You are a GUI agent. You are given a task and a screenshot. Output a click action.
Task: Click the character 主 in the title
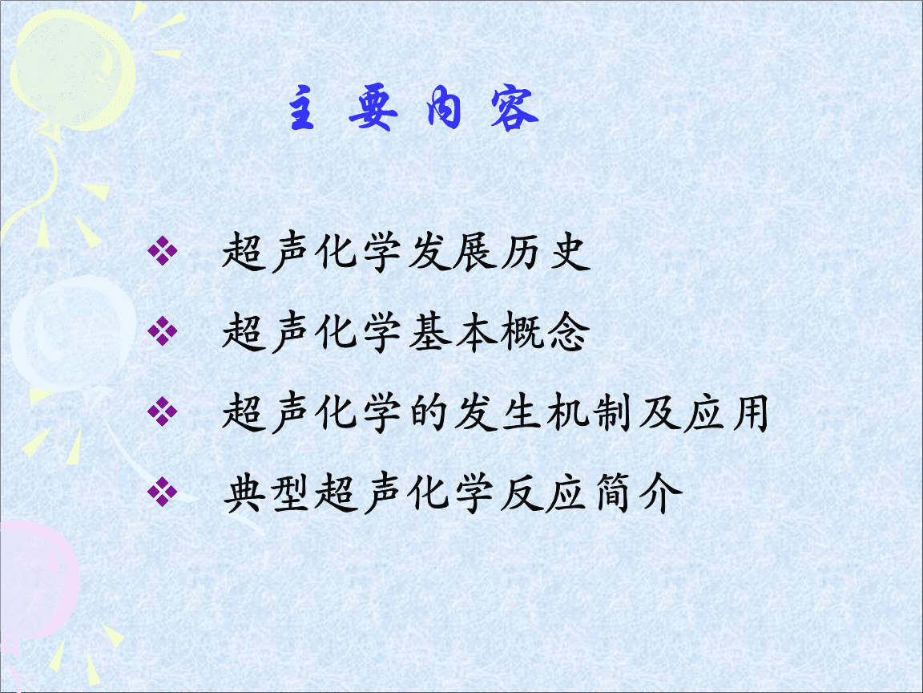point(301,107)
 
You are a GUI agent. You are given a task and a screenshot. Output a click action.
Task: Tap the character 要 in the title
point(373,107)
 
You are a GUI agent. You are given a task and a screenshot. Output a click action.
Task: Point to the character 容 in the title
point(514,107)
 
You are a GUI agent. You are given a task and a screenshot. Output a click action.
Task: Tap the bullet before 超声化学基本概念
point(163,330)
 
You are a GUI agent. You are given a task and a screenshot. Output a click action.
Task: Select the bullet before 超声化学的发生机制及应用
point(163,411)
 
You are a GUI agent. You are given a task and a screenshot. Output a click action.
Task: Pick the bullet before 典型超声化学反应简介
point(163,492)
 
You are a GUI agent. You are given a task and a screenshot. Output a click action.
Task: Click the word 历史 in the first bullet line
point(546,252)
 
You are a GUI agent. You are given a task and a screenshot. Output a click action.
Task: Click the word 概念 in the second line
point(546,332)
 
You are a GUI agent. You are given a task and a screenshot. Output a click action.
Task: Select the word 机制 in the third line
point(590,412)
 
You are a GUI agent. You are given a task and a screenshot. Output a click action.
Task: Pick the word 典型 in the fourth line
point(267,492)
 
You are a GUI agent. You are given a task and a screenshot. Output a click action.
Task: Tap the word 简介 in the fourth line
point(639,492)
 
